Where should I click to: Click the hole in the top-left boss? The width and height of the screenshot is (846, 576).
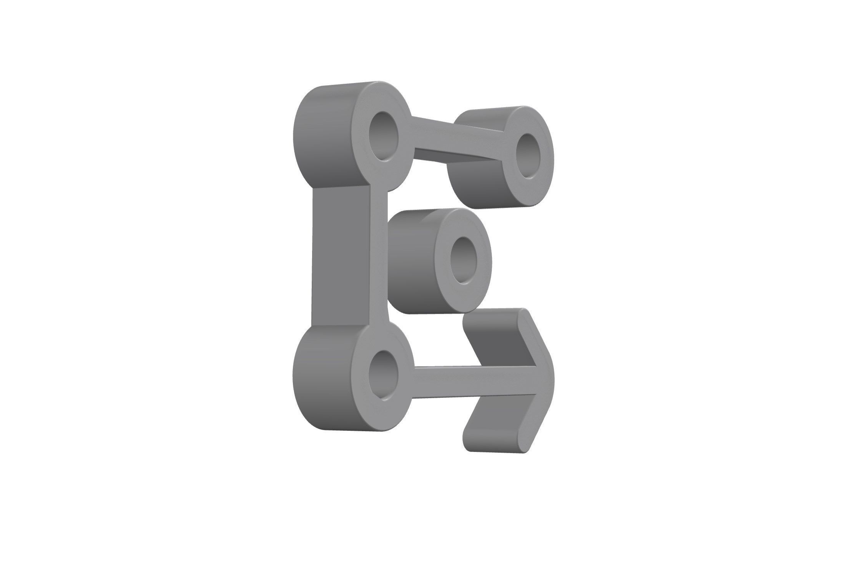[x=383, y=137]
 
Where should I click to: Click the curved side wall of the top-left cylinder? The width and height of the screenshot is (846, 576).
[x=323, y=134]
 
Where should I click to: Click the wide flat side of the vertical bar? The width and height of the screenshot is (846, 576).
[x=340, y=261]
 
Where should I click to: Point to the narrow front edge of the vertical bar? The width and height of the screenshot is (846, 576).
[x=379, y=261]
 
